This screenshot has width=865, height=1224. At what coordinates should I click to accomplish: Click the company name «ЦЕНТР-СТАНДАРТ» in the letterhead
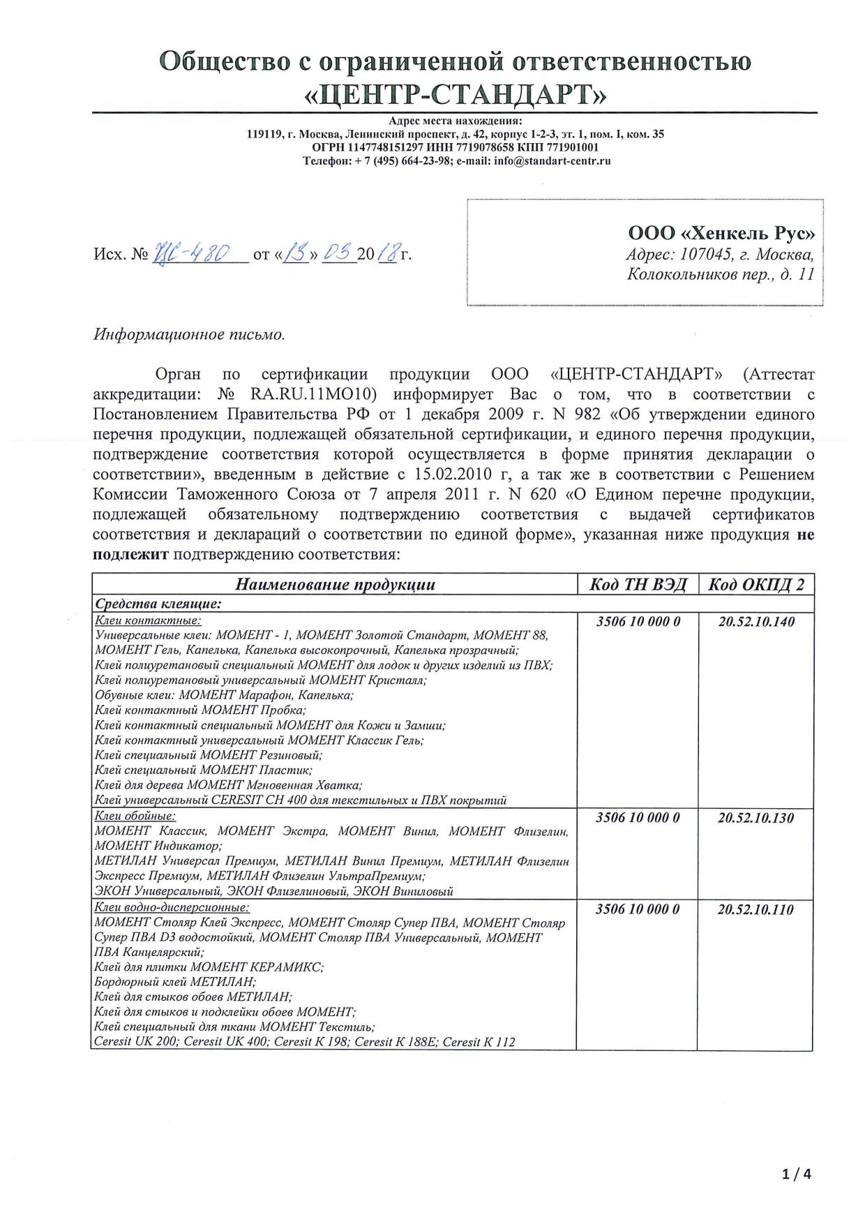(456, 93)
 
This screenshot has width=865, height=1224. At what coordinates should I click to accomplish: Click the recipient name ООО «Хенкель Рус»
(721, 234)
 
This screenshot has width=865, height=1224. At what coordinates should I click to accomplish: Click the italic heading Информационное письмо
(189, 334)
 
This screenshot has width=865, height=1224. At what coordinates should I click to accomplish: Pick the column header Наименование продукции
(335, 585)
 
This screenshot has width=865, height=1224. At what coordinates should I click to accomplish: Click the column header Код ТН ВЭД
(638, 585)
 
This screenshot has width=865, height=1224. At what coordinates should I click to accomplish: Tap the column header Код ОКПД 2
(756, 585)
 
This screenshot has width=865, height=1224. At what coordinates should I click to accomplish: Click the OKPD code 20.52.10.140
(756, 622)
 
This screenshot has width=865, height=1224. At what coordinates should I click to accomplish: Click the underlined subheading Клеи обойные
(135, 816)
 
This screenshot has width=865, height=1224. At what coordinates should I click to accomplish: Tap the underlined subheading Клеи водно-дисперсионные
(172, 907)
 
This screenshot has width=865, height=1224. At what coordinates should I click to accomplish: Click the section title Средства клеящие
(158, 603)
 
